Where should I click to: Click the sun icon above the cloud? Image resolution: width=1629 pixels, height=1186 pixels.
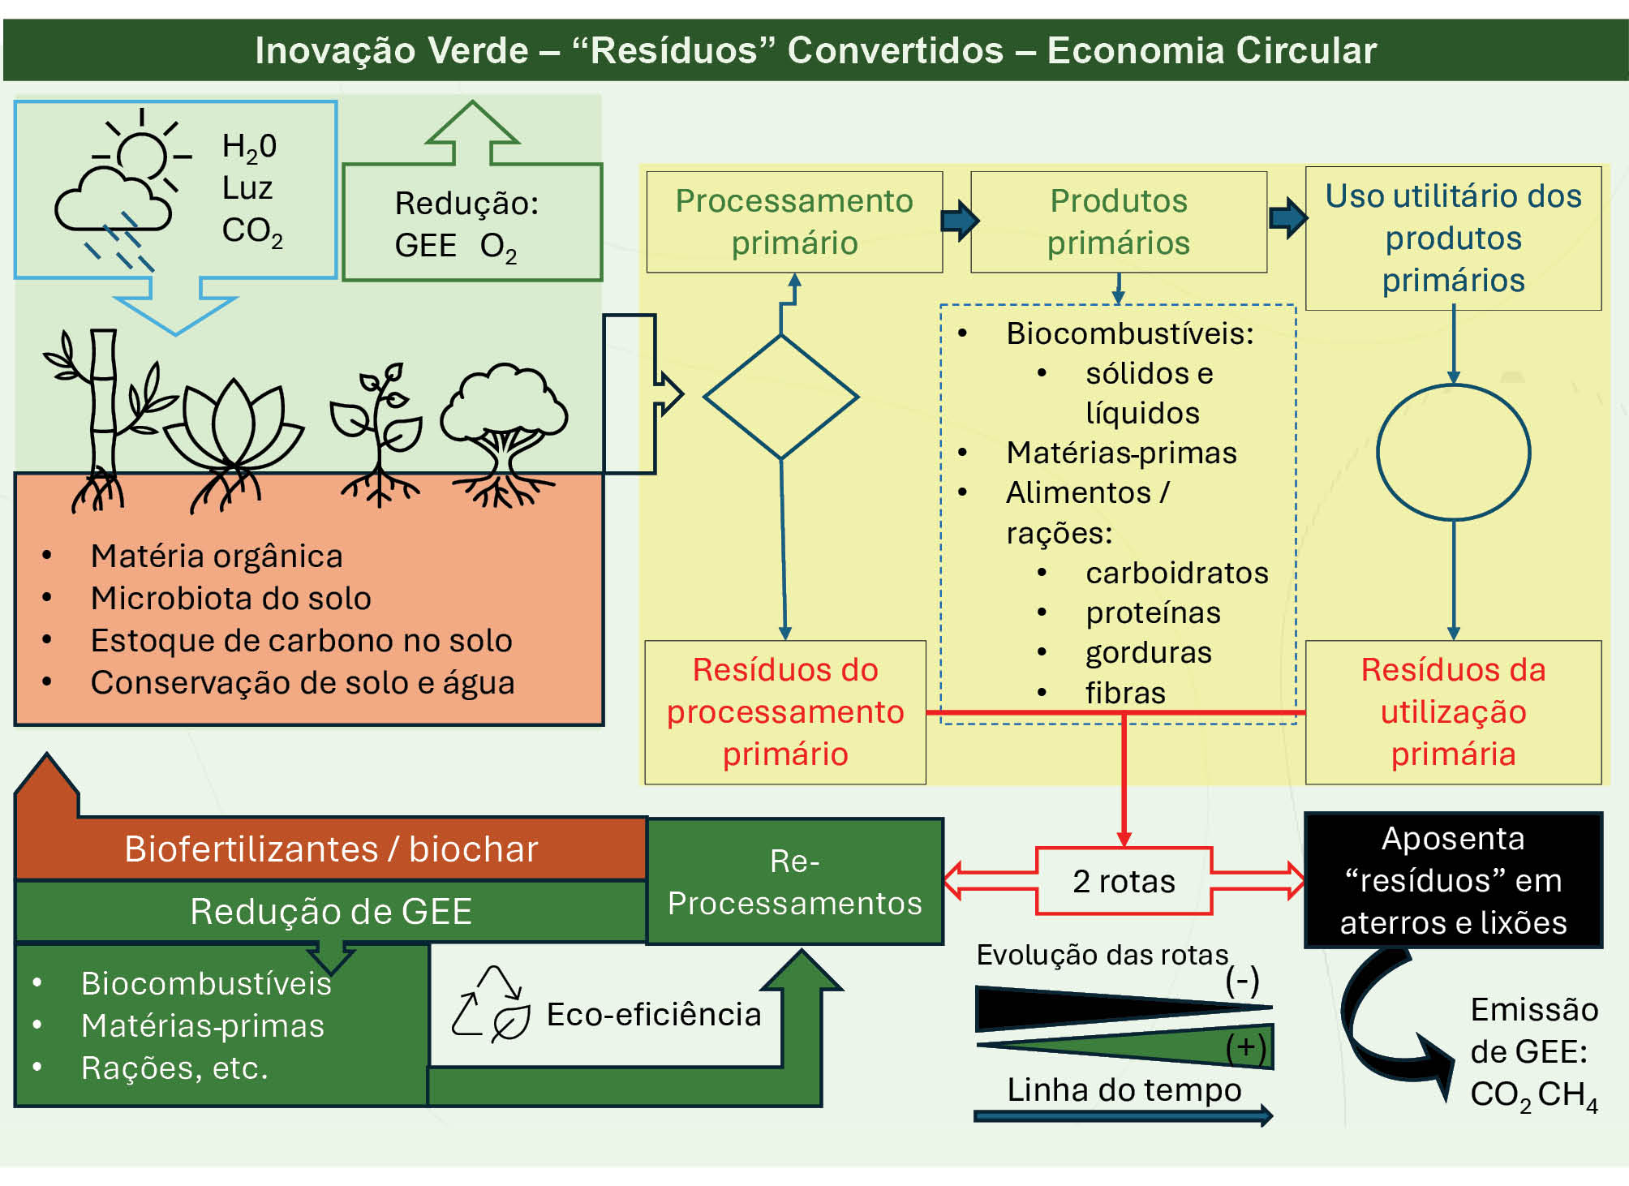[144, 153]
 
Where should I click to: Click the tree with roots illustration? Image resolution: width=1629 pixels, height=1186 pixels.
[504, 435]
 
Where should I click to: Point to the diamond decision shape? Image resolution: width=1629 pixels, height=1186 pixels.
[780, 397]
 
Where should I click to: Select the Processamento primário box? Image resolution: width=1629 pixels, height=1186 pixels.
[794, 221]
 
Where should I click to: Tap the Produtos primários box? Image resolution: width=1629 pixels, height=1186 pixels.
[1119, 221]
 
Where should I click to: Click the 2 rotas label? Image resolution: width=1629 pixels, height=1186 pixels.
[1124, 881]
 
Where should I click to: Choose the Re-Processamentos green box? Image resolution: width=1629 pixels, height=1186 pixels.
[795, 881]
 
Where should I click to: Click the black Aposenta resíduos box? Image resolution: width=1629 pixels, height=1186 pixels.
[1454, 880]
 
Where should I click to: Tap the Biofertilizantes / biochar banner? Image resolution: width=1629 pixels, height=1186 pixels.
[331, 849]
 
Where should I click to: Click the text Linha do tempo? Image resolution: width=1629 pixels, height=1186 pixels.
[1124, 1089]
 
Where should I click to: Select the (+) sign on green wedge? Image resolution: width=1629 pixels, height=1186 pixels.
[1246, 1047]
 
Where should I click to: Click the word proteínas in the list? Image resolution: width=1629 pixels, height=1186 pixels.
[1153, 612]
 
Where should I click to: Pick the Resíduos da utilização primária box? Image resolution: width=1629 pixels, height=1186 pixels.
[1454, 712]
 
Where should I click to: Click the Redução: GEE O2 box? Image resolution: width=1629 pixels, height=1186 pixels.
[472, 222]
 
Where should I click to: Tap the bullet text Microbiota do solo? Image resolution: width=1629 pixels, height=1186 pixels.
[231, 598]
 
